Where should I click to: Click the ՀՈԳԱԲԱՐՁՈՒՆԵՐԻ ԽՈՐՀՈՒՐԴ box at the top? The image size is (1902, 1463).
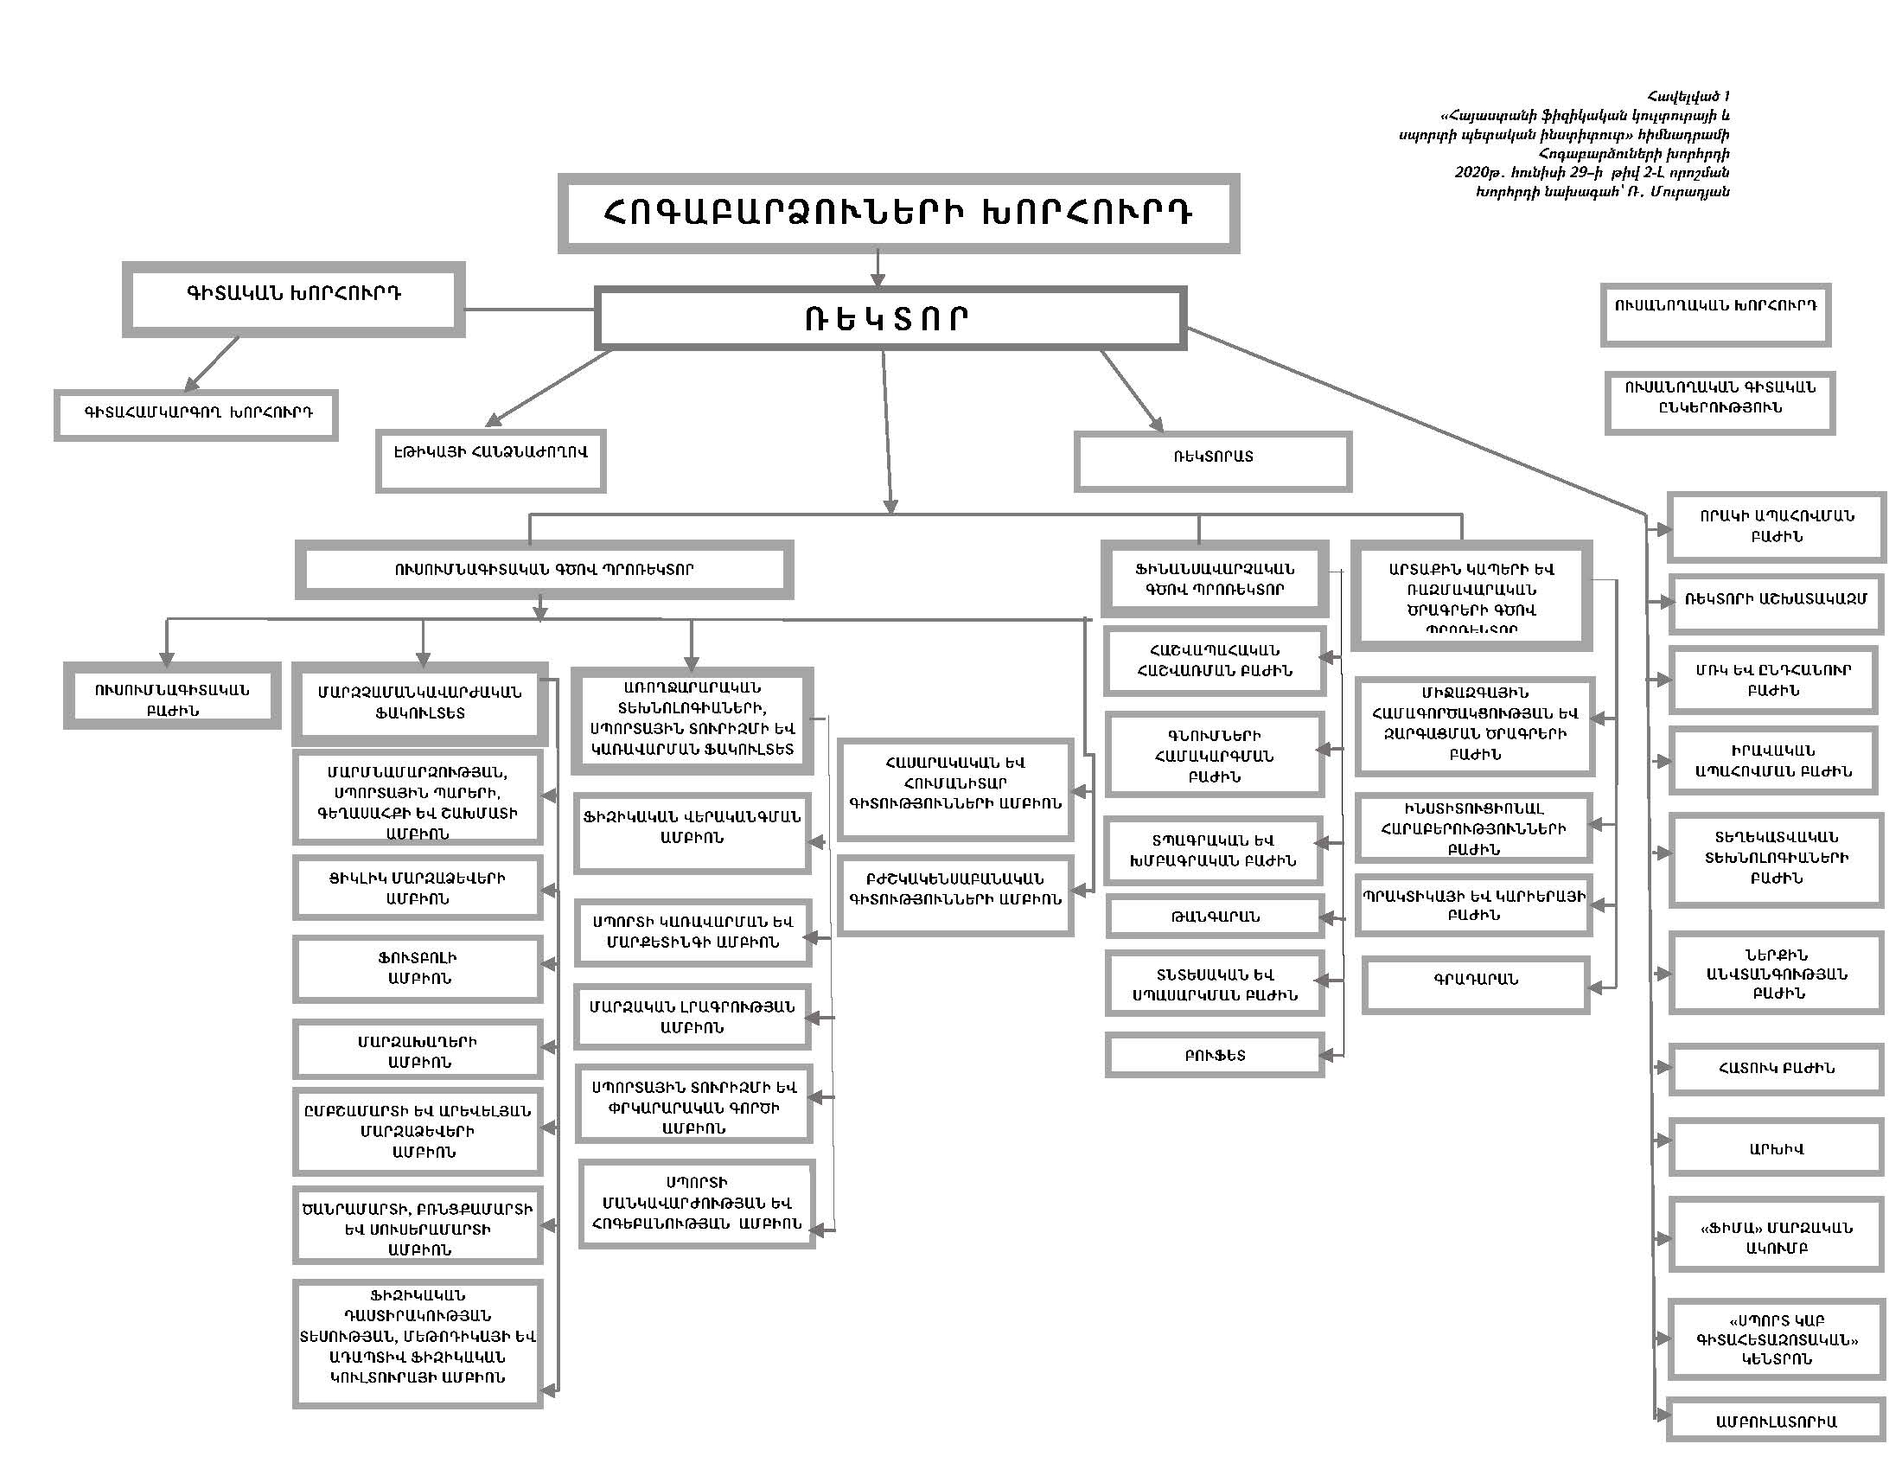point(898,214)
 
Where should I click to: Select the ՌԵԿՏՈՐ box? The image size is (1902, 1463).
point(890,319)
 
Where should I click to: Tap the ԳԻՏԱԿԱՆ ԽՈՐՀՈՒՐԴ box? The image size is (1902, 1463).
point(293,298)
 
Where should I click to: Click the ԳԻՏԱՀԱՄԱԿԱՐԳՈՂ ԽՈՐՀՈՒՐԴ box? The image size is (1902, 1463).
point(196,414)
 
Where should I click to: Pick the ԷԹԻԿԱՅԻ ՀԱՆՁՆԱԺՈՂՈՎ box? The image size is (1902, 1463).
point(490,460)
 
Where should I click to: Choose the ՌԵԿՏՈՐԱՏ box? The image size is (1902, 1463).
point(1213,461)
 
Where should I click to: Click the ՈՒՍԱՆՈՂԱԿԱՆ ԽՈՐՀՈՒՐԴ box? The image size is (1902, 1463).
point(1715,315)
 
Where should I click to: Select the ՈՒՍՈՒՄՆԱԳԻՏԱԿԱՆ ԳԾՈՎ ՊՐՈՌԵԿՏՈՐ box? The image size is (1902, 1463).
point(544,571)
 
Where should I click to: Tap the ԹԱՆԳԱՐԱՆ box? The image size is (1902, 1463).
point(1215,917)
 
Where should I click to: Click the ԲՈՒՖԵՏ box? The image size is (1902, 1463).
point(1215,1056)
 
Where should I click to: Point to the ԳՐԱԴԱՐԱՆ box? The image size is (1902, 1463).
point(1476,984)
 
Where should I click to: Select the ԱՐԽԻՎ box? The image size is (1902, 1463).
point(1776,1147)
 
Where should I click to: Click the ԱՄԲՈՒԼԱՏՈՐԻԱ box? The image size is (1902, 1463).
point(1776,1421)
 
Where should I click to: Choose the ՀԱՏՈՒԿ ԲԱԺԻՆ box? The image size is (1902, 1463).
point(1776,1069)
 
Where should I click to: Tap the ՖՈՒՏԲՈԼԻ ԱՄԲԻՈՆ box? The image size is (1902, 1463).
point(418,968)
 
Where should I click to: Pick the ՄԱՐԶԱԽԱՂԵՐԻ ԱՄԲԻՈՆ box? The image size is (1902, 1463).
point(418,1051)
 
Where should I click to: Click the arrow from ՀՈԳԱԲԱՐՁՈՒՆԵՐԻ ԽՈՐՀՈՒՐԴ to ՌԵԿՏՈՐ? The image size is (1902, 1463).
point(878,268)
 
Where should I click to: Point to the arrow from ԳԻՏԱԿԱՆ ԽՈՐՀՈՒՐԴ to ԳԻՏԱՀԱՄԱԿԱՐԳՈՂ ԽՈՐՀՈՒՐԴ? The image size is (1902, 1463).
point(212,363)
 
